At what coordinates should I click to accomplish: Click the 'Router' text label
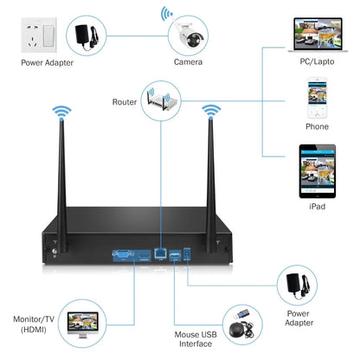coord(125,102)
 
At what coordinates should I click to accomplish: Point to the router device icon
coord(163,102)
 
